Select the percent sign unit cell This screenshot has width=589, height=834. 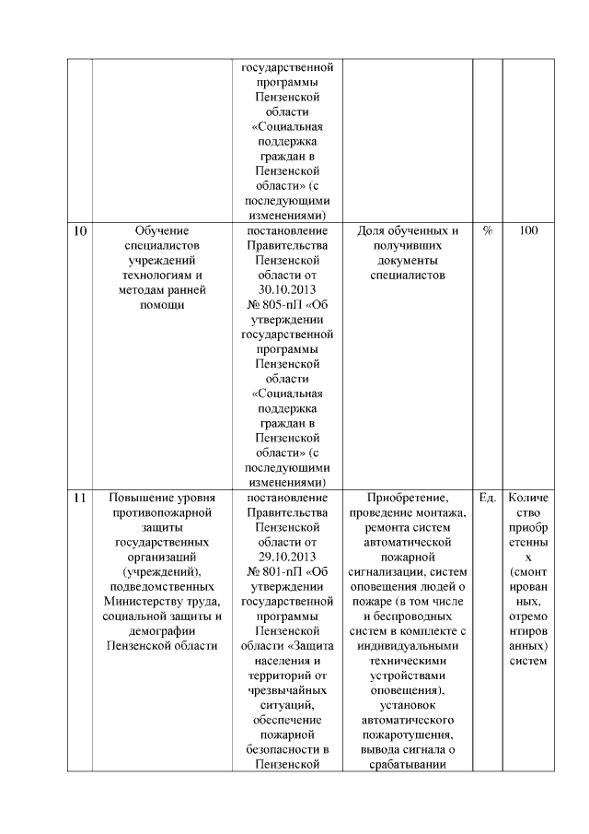click(x=487, y=231)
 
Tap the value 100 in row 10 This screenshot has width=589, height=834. click(x=527, y=231)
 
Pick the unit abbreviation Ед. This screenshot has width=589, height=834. click(x=487, y=498)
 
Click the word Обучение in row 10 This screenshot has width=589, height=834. click(x=161, y=231)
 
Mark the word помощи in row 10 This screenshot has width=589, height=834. click(x=161, y=304)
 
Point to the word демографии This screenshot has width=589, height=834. click(x=161, y=630)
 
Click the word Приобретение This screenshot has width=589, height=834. click(x=406, y=498)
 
